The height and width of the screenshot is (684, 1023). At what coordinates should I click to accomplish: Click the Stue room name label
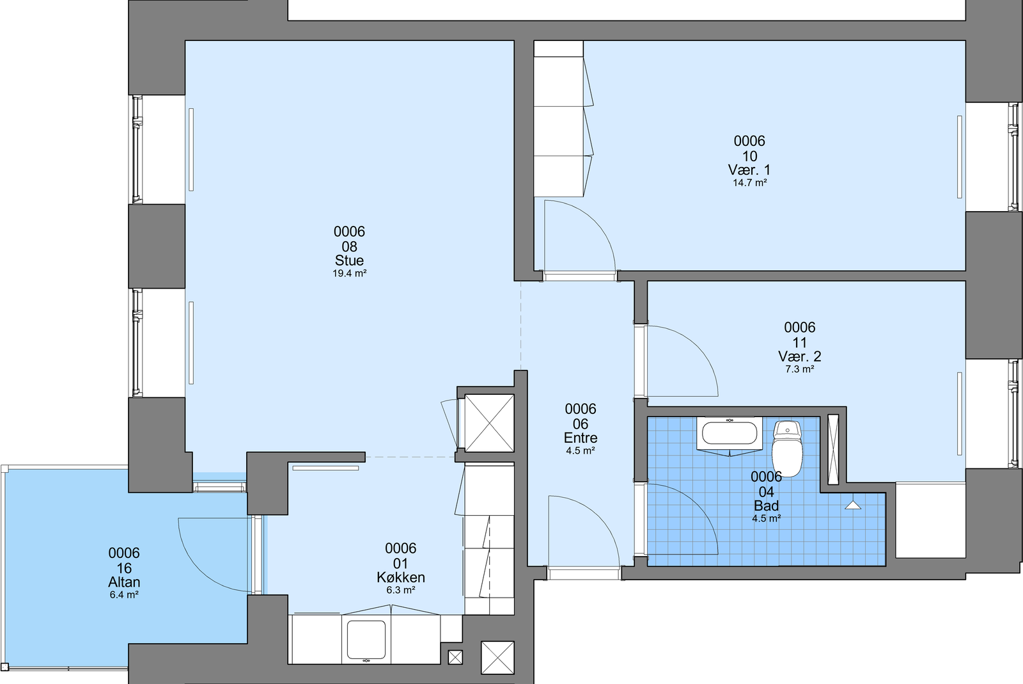(x=349, y=260)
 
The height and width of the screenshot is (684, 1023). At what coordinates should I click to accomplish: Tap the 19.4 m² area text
(x=349, y=273)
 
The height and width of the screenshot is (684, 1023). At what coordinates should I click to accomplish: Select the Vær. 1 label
(x=749, y=170)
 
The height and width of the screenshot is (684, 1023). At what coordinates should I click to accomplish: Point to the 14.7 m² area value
(x=749, y=183)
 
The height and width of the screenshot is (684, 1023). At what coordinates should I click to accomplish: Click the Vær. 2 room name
(x=799, y=356)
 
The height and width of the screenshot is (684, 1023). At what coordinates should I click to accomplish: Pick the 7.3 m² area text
(x=800, y=369)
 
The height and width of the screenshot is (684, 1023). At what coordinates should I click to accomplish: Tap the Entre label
(x=581, y=438)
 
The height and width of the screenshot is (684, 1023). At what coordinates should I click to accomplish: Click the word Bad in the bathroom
(x=767, y=506)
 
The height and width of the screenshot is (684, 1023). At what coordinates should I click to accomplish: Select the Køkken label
(x=400, y=578)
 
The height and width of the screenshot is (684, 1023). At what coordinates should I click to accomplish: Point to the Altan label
(x=124, y=582)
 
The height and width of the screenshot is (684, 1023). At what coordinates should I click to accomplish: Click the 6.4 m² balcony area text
(x=124, y=595)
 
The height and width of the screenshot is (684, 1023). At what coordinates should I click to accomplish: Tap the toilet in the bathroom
(x=787, y=449)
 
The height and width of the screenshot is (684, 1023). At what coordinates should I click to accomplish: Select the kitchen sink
(x=366, y=640)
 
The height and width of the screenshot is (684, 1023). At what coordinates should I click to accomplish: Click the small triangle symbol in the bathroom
(x=853, y=505)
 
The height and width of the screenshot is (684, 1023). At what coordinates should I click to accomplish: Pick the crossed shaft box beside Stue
(x=489, y=424)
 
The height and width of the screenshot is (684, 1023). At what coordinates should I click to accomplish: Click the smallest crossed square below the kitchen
(x=455, y=658)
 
